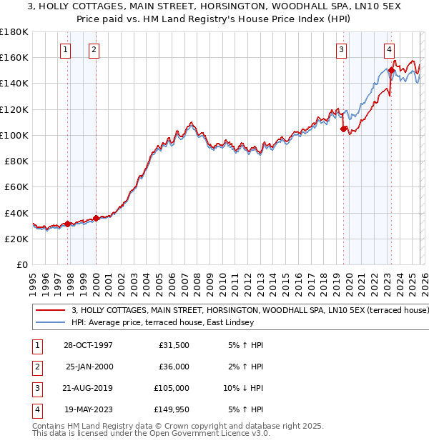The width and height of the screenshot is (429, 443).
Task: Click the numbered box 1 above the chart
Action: point(65,50)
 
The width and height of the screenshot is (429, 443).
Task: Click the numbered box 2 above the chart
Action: point(94,50)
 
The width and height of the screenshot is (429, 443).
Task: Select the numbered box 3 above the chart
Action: point(342,50)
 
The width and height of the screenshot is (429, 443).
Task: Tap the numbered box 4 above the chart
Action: point(389,50)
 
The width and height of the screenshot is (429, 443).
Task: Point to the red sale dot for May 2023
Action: point(391,71)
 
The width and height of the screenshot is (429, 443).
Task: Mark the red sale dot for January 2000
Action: point(96,218)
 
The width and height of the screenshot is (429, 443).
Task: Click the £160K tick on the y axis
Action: point(14,57)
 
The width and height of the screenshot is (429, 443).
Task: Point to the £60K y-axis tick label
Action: point(16,187)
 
